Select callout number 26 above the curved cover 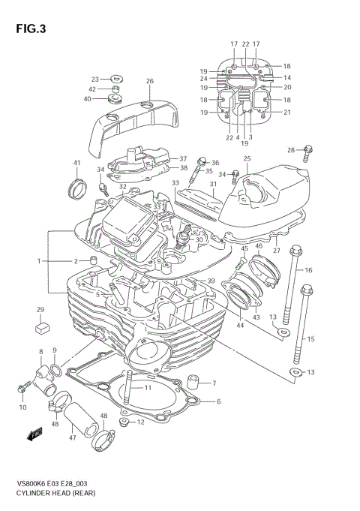point(149,81)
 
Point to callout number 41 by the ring point(76,163)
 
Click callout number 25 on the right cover point(247,158)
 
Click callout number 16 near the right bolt point(308,269)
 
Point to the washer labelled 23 point(116,77)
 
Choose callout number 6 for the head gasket point(217,401)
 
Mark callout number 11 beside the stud point(148,388)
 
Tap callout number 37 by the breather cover point(182,159)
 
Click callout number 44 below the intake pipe point(241,326)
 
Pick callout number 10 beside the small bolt point(22,407)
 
